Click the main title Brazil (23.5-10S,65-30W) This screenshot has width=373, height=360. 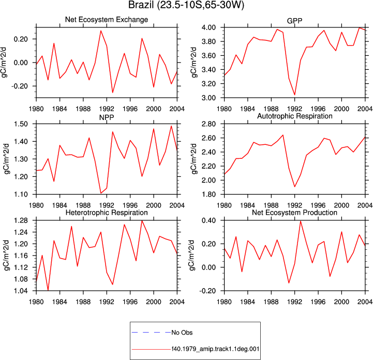point(186,5)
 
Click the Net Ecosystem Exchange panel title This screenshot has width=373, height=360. point(107,20)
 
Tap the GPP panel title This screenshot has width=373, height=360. point(294,21)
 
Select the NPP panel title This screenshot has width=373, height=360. point(107,117)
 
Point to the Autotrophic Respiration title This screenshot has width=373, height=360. point(295,116)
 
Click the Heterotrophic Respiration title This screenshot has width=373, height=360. point(107,213)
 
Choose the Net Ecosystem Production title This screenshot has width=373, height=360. point(294,213)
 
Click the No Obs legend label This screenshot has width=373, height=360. point(182,333)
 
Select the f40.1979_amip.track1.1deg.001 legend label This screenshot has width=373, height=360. point(215,349)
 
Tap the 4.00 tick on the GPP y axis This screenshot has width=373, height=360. point(209,27)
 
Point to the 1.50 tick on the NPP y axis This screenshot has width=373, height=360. point(21,124)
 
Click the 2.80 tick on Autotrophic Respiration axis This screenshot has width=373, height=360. point(209,124)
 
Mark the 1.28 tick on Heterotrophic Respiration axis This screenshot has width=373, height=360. point(21,221)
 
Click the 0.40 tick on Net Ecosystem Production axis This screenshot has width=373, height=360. point(209,221)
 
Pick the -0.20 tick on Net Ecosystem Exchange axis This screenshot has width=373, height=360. point(20,86)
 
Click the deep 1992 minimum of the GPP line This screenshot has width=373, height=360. point(295,95)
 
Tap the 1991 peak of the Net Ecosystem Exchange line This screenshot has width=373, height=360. point(101,31)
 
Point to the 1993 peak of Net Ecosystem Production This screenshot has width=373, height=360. point(301,221)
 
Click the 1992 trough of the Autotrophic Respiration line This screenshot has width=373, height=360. point(295,187)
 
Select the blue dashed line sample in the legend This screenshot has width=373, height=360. point(151,332)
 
